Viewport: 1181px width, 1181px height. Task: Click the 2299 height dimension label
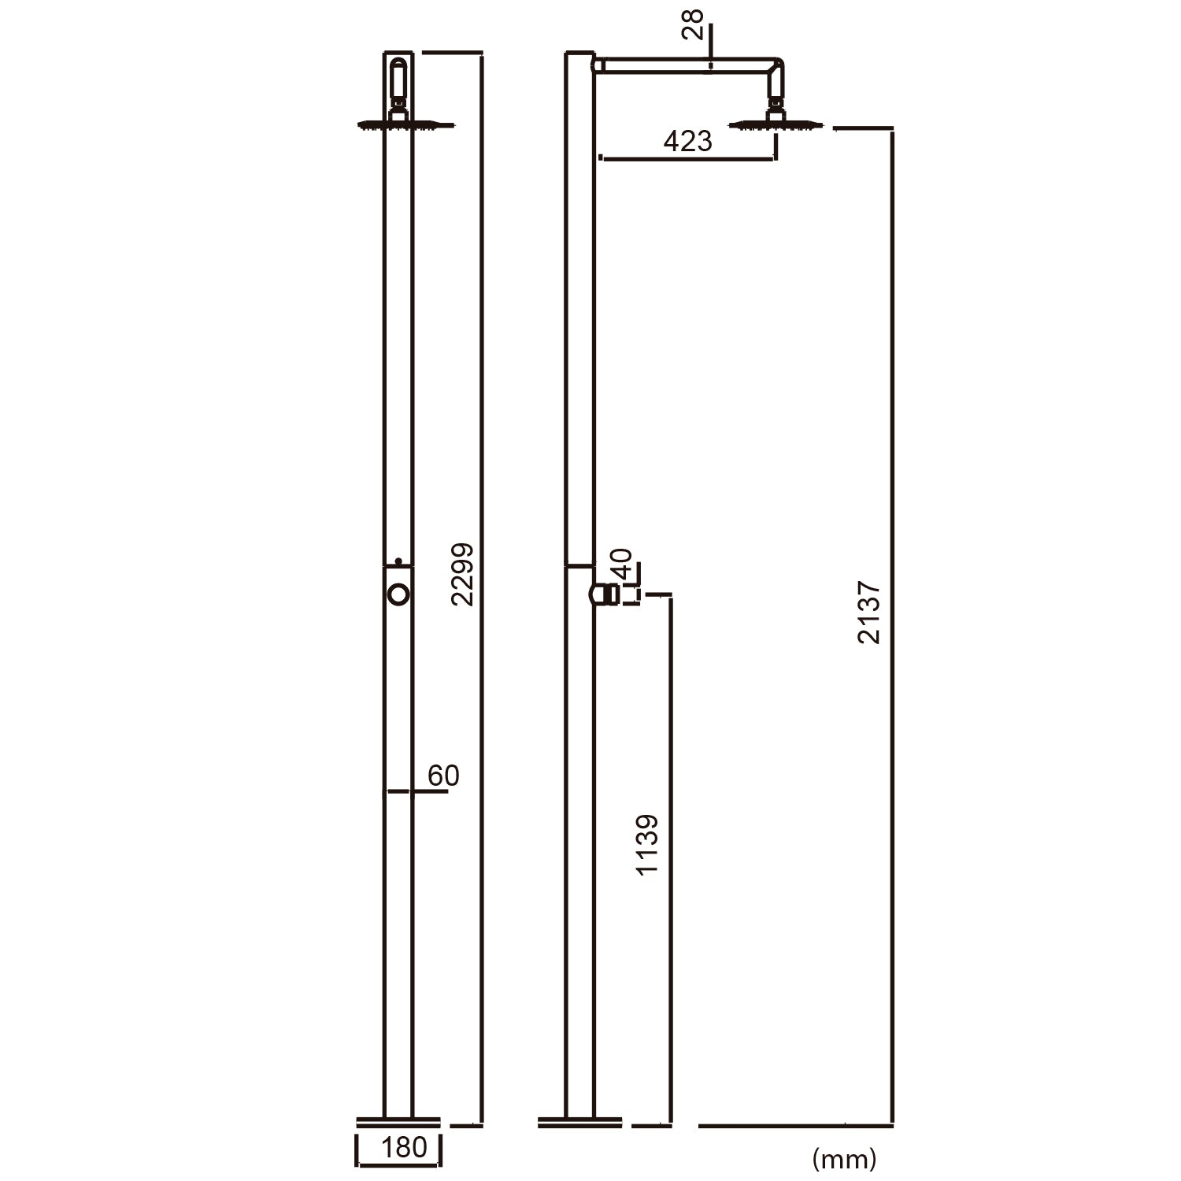[463, 574]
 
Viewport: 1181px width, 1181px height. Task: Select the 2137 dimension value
[869, 613]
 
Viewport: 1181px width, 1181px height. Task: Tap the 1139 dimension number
[647, 845]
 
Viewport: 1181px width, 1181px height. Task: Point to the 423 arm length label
[687, 142]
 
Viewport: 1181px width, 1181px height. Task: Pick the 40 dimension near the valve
[622, 565]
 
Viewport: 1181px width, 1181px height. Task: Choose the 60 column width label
[443, 776]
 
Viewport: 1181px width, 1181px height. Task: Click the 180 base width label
[403, 1148]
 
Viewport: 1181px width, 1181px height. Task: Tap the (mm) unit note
[843, 1158]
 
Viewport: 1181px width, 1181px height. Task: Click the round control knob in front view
[399, 594]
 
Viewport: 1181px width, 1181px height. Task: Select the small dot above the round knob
[398, 561]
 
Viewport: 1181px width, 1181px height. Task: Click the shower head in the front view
[405, 124]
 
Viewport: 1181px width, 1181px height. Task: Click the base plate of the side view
[580, 1120]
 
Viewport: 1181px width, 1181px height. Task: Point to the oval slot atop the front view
[398, 78]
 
